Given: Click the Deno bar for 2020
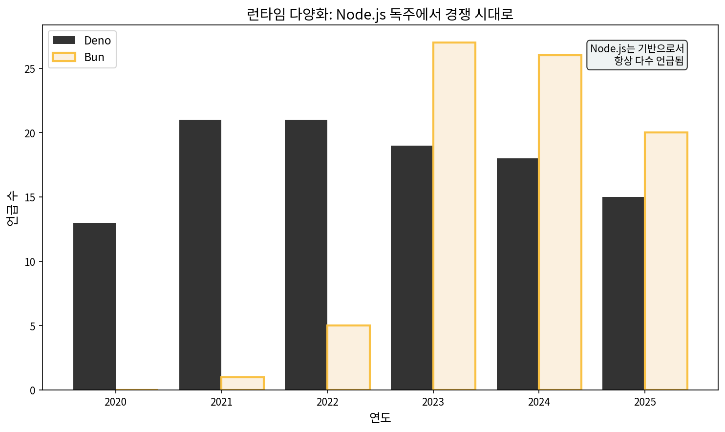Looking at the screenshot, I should pyautogui.click(x=94, y=306).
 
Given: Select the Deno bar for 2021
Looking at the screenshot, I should pyautogui.click(x=200, y=255).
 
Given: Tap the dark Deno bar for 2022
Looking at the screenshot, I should pyautogui.click(x=306, y=255).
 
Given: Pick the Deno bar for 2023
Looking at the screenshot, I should pyautogui.click(x=412, y=268).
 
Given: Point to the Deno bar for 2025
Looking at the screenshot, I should pyautogui.click(x=623, y=293).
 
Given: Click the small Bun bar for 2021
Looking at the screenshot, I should pyautogui.click(x=242, y=384).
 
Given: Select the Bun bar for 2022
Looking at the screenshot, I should pyautogui.click(x=348, y=358).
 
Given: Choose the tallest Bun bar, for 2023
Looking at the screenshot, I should pyautogui.click(x=454, y=216).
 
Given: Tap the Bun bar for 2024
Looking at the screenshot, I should pyautogui.click(x=560, y=223).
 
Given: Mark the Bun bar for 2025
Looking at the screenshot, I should pyautogui.click(x=666, y=261).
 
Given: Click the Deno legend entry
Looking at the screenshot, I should pyautogui.click(x=82, y=41).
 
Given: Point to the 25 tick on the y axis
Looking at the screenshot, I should pyautogui.click(x=30, y=69).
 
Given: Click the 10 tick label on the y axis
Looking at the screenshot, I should pyautogui.click(x=30, y=262).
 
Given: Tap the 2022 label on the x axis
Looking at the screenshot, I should pyautogui.click(x=327, y=402).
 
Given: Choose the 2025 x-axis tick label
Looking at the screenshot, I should pyautogui.click(x=645, y=402).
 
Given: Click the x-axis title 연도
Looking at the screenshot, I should pyautogui.click(x=380, y=418).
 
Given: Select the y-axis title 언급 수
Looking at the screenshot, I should pyautogui.click(x=12, y=208).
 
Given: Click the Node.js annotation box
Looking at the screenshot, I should pyautogui.click(x=637, y=55).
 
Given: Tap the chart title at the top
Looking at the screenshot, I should pyautogui.click(x=380, y=14).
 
